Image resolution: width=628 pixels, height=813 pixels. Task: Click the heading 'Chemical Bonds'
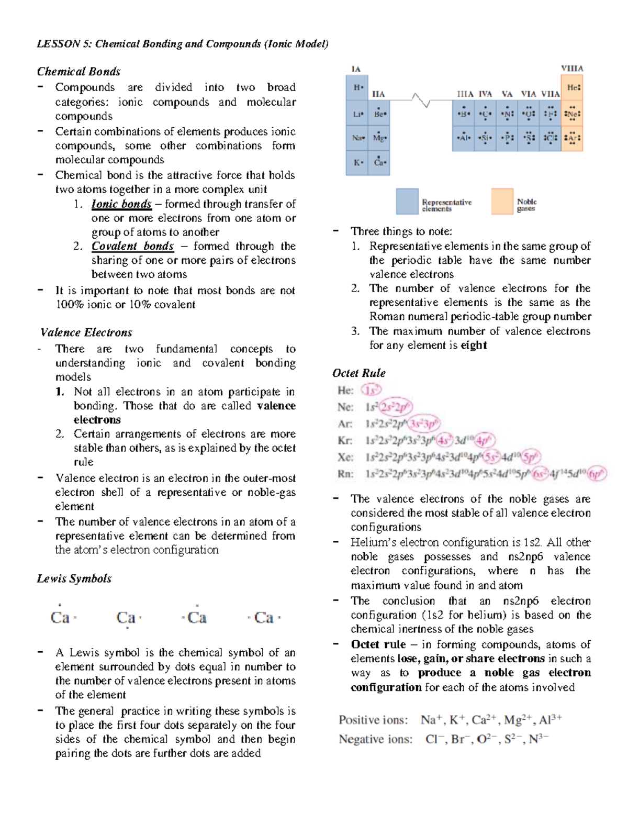coord(78,72)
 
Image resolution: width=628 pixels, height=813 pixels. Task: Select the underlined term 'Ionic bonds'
coord(121,204)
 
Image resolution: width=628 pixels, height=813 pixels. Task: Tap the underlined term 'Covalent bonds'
coord(132,246)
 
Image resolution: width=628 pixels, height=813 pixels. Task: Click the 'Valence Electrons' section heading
coord(86,332)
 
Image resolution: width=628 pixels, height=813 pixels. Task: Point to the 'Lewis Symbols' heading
coord(74,578)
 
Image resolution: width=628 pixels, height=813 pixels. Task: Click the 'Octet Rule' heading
coord(359,373)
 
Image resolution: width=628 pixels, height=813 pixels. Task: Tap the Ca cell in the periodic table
coord(379,163)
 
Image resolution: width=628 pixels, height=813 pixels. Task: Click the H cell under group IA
coord(357,88)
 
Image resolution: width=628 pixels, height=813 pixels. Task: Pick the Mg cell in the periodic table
coord(379,138)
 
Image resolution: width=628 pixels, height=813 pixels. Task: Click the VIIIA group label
coord(572,69)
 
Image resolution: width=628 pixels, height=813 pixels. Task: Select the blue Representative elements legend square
coord(407,202)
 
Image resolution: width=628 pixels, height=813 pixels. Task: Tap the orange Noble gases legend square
coord(502,202)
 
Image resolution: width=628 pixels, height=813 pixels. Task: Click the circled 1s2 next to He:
coord(372,390)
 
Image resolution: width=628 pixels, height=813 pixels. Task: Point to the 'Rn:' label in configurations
coord(345,474)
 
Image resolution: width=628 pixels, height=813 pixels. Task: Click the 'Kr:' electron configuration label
coord(345,441)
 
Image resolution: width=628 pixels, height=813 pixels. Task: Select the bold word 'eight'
coord(474,346)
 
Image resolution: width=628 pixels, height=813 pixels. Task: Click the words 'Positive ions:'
coord(373,720)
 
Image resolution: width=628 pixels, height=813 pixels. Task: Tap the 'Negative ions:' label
coord(375,739)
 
